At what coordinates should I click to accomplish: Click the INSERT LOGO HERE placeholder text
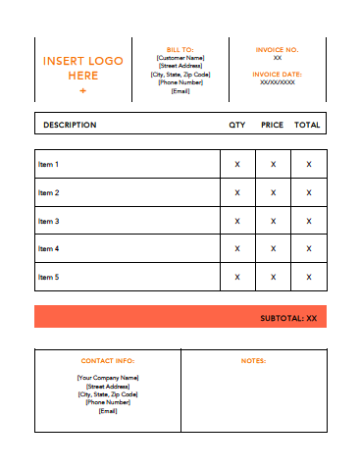(x=83, y=68)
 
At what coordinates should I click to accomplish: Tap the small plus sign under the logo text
(x=83, y=90)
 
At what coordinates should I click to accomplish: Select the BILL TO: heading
(x=180, y=48)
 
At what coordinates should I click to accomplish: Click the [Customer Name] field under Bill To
(x=180, y=58)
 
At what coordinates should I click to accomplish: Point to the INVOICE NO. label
(x=277, y=49)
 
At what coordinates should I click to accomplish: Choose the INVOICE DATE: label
(x=277, y=74)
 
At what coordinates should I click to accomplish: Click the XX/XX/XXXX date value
(x=277, y=83)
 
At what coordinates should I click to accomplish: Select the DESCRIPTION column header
(x=70, y=126)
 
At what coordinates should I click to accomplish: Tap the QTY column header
(x=237, y=126)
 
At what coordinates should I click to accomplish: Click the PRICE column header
(x=272, y=126)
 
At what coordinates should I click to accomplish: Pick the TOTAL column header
(x=307, y=126)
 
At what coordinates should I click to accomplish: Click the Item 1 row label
(x=49, y=165)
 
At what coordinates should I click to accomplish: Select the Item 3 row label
(x=49, y=221)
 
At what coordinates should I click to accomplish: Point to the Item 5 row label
(x=49, y=277)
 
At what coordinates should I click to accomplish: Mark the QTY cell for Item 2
(x=237, y=192)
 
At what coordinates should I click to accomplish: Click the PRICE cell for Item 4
(x=273, y=248)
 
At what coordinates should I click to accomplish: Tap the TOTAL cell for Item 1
(x=308, y=165)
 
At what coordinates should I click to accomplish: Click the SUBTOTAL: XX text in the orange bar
(x=288, y=318)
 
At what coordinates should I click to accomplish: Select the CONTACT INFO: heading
(x=108, y=361)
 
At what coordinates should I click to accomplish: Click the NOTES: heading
(x=253, y=361)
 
